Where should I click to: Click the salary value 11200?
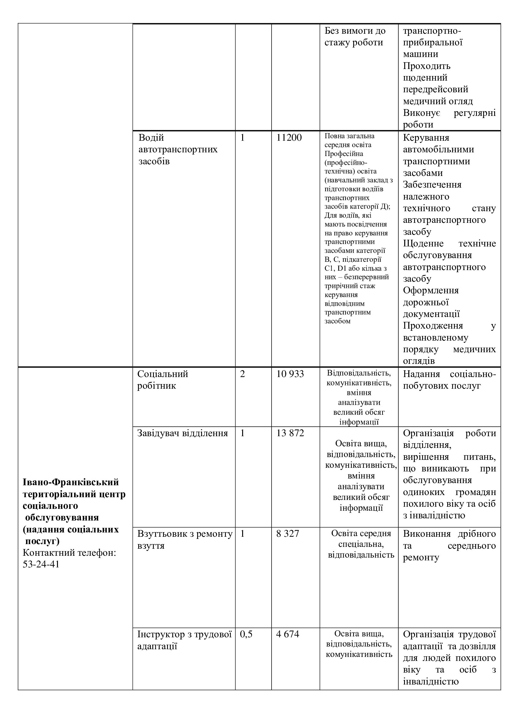coord(289,138)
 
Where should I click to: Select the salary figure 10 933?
coord(290,374)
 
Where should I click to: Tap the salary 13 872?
coord(290,433)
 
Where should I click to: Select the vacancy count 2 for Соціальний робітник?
coord(242,374)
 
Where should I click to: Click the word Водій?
coord(151,138)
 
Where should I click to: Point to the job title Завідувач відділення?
coord(182,433)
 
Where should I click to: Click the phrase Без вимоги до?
coord(355,31)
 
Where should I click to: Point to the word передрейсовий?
coord(435,89)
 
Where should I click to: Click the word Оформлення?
coord(430,290)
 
